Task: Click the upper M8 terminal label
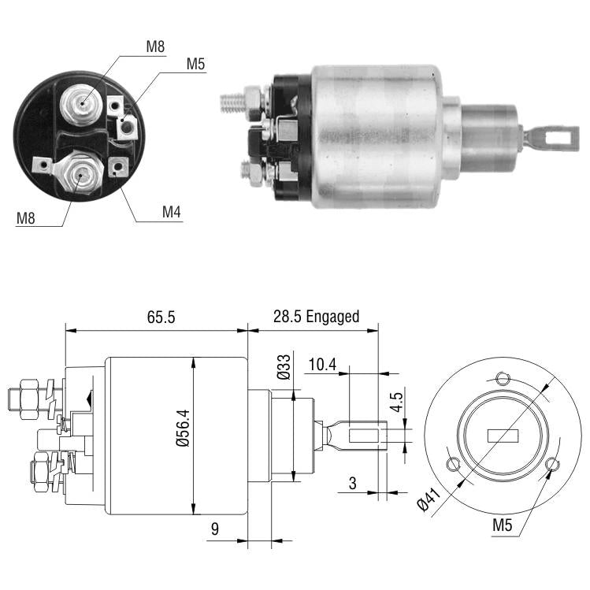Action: point(155,46)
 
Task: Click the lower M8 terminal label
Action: point(25,218)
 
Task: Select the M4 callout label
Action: point(172,212)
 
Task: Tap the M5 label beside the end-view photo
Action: point(195,64)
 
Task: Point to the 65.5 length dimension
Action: point(161,317)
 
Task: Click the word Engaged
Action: point(332,317)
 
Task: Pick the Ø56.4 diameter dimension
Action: point(183,428)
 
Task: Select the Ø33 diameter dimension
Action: point(284,367)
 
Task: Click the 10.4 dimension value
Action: point(322,364)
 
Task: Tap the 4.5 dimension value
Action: point(396,402)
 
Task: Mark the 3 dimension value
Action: point(353,484)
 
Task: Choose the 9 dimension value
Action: point(215,529)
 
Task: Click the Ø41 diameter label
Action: point(429,499)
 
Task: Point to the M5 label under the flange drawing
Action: point(503,525)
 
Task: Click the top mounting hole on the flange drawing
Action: point(502,379)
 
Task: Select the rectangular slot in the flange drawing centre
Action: point(503,436)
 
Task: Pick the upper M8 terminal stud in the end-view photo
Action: point(81,103)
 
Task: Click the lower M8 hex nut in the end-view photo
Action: point(80,173)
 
